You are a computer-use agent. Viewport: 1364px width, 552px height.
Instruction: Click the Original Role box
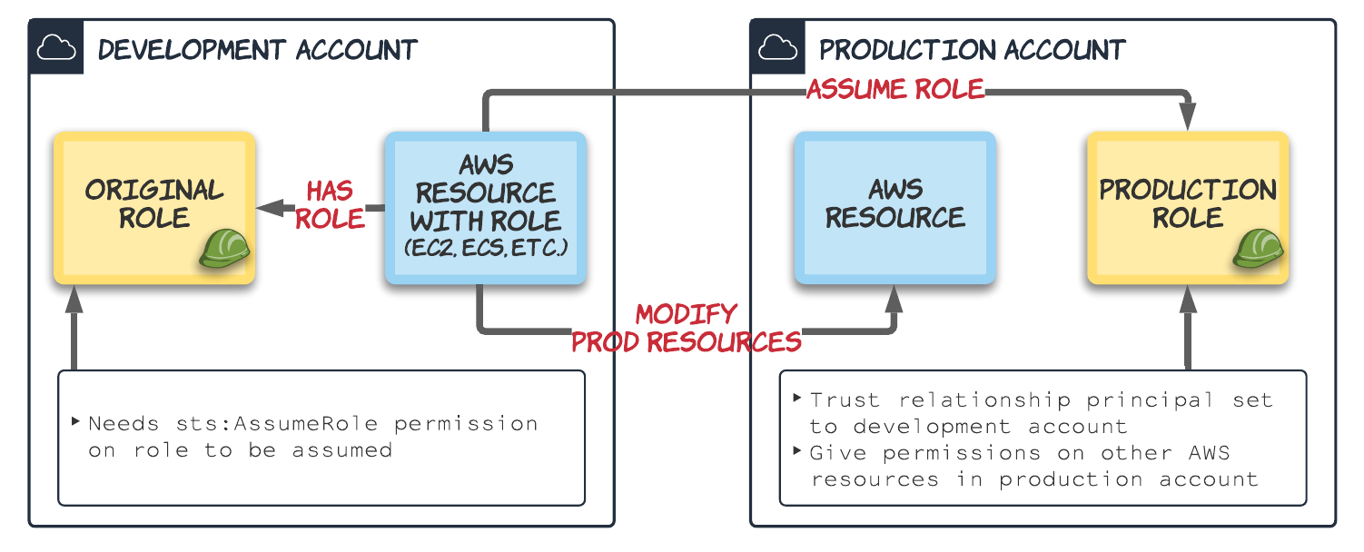(x=153, y=207)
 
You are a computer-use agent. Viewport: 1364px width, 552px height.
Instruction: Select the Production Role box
(x=1188, y=207)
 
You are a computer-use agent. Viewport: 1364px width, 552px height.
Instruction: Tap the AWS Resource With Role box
(x=486, y=207)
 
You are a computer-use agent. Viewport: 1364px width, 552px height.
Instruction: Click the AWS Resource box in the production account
(x=895, y=207)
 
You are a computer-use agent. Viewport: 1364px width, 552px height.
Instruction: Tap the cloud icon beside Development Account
(x=55, y=48)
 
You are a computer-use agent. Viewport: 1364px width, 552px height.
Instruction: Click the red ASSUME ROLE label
(x=895, y=89)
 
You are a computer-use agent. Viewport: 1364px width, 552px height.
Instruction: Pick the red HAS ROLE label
(x=329, y=205)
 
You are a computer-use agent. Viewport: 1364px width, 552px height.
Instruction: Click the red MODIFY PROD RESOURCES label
(x=686, y=329)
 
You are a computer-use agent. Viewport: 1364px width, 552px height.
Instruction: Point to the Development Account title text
(x=258, y=49)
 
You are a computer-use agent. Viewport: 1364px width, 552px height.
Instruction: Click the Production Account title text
(x=973, y=49)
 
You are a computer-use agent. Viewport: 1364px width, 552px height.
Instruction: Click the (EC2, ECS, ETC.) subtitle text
(x=486, y=247)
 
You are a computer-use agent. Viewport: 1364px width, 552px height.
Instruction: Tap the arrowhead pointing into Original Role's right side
(x=266, y=208)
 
